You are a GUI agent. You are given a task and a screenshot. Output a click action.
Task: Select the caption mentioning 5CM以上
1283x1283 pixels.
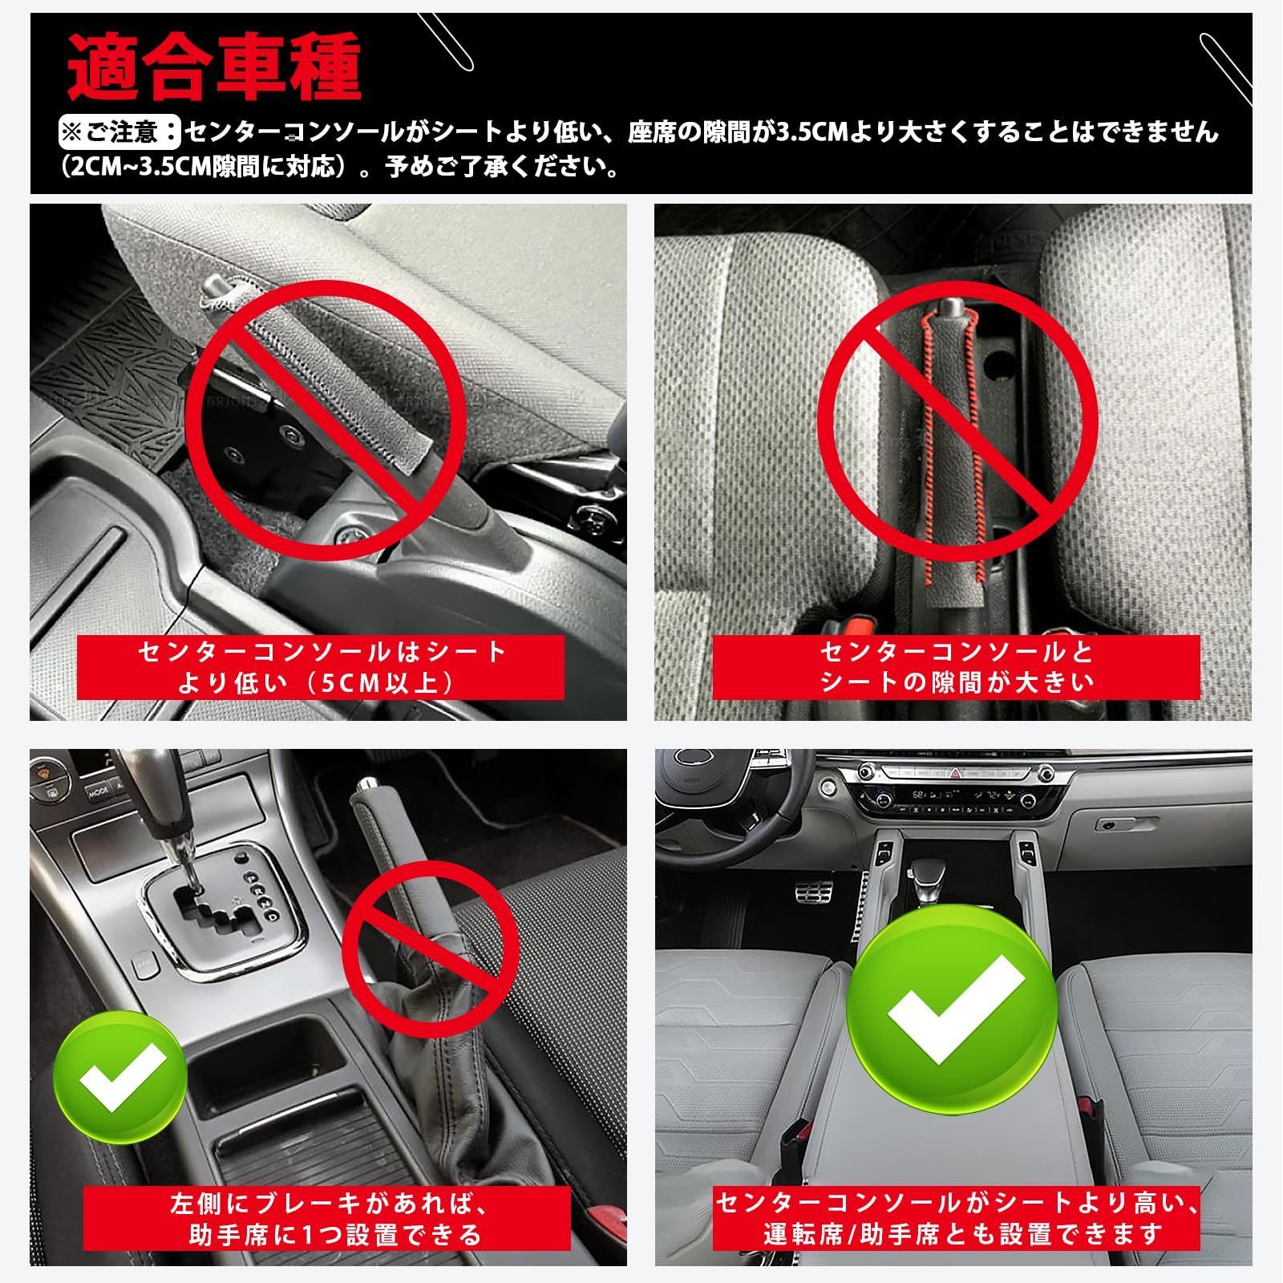click(x=321, y=667)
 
